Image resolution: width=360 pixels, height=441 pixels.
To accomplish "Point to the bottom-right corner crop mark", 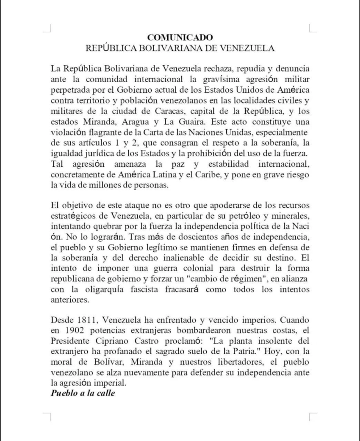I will (313, 416).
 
